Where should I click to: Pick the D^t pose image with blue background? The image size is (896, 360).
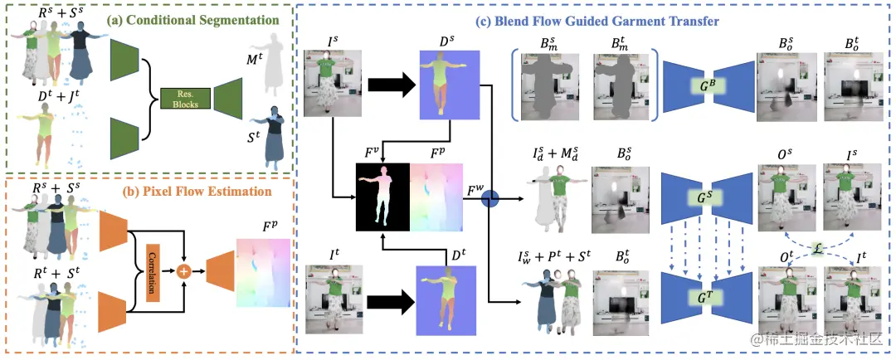[450, 299]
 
